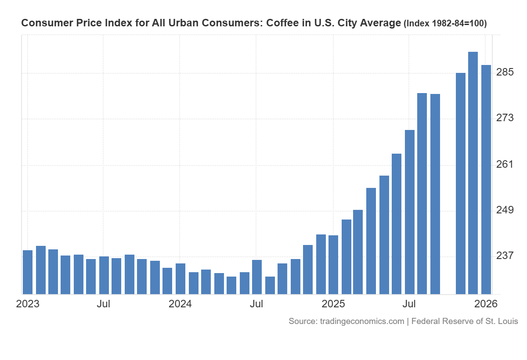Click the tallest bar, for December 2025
point(473,173)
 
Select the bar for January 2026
point(486,180)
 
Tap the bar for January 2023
point(28,272)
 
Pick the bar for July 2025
point(410,212)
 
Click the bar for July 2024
point(257,277)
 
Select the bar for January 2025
point(333,265)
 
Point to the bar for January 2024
point(180,279)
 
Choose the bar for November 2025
point(460,184)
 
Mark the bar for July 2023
point(104,275)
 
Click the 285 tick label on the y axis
point(505,72)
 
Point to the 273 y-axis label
point(505,118)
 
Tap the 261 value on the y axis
point(505,165)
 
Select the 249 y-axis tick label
point(505,210)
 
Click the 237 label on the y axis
point(505,256)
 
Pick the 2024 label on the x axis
point(180,304)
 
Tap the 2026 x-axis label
point(486,304)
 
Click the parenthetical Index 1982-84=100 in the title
point(444,24)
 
